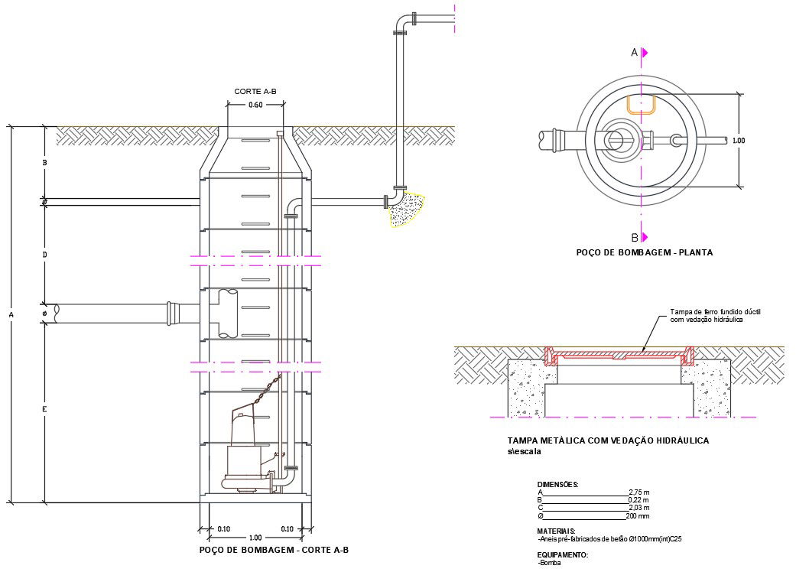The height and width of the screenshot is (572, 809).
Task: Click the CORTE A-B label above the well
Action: pyautogui.click(x=255, y=91)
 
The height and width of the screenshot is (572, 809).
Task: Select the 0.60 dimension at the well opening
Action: pyautogui.click(x=255, y=106)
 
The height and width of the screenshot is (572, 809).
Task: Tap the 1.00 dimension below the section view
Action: pyautogui.click(x=255, y=538)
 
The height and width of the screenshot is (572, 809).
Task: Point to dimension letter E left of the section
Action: pyautogui.click(x=45, y=411)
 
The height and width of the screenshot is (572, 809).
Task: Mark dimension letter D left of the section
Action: pyautogui.click(x=45, y=254)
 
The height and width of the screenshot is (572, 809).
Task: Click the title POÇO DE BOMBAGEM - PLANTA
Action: pyautogui.click(x=644, y=252)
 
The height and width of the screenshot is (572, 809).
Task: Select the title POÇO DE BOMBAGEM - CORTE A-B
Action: pyautogui.click(x=274, y=550)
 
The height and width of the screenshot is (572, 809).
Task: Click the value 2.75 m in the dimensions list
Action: pyautogui.click(x=638, y=492)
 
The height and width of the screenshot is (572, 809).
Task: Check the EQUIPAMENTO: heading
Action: pyautogui.click(x=563, y=554)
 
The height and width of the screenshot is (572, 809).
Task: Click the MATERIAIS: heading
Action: pyautogui.click(x=557, y=531)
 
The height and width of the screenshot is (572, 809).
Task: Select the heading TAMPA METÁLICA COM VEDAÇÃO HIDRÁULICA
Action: pyautogui.click(x=608, y=441)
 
